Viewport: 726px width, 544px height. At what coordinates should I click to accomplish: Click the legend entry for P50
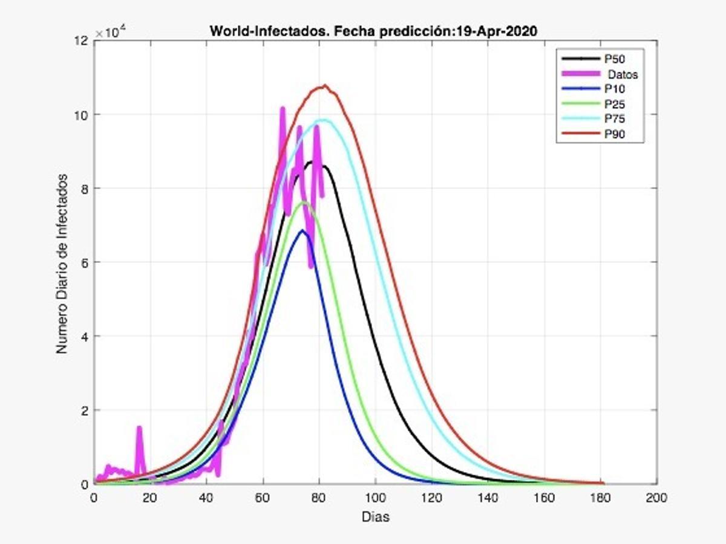(614, 59)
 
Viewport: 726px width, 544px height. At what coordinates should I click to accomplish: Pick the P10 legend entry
(614, 89)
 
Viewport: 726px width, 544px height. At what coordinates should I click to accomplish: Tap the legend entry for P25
(614, 104)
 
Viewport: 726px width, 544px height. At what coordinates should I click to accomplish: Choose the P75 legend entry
(614, 119)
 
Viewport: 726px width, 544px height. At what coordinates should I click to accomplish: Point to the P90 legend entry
(614, 134)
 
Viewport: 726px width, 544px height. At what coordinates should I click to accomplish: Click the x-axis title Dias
(375, 517)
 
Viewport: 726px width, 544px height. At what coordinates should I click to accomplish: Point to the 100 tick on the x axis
(375, 498)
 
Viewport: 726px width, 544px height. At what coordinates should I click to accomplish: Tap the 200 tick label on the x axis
(656, 498)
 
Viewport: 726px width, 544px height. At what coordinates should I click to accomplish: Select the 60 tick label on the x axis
(263, 498)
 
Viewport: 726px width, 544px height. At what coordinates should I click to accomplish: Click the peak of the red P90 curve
(325, 86)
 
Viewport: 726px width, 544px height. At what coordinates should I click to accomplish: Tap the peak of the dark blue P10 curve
(302, 231)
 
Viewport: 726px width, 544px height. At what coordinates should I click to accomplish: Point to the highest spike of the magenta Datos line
(283, 109)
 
